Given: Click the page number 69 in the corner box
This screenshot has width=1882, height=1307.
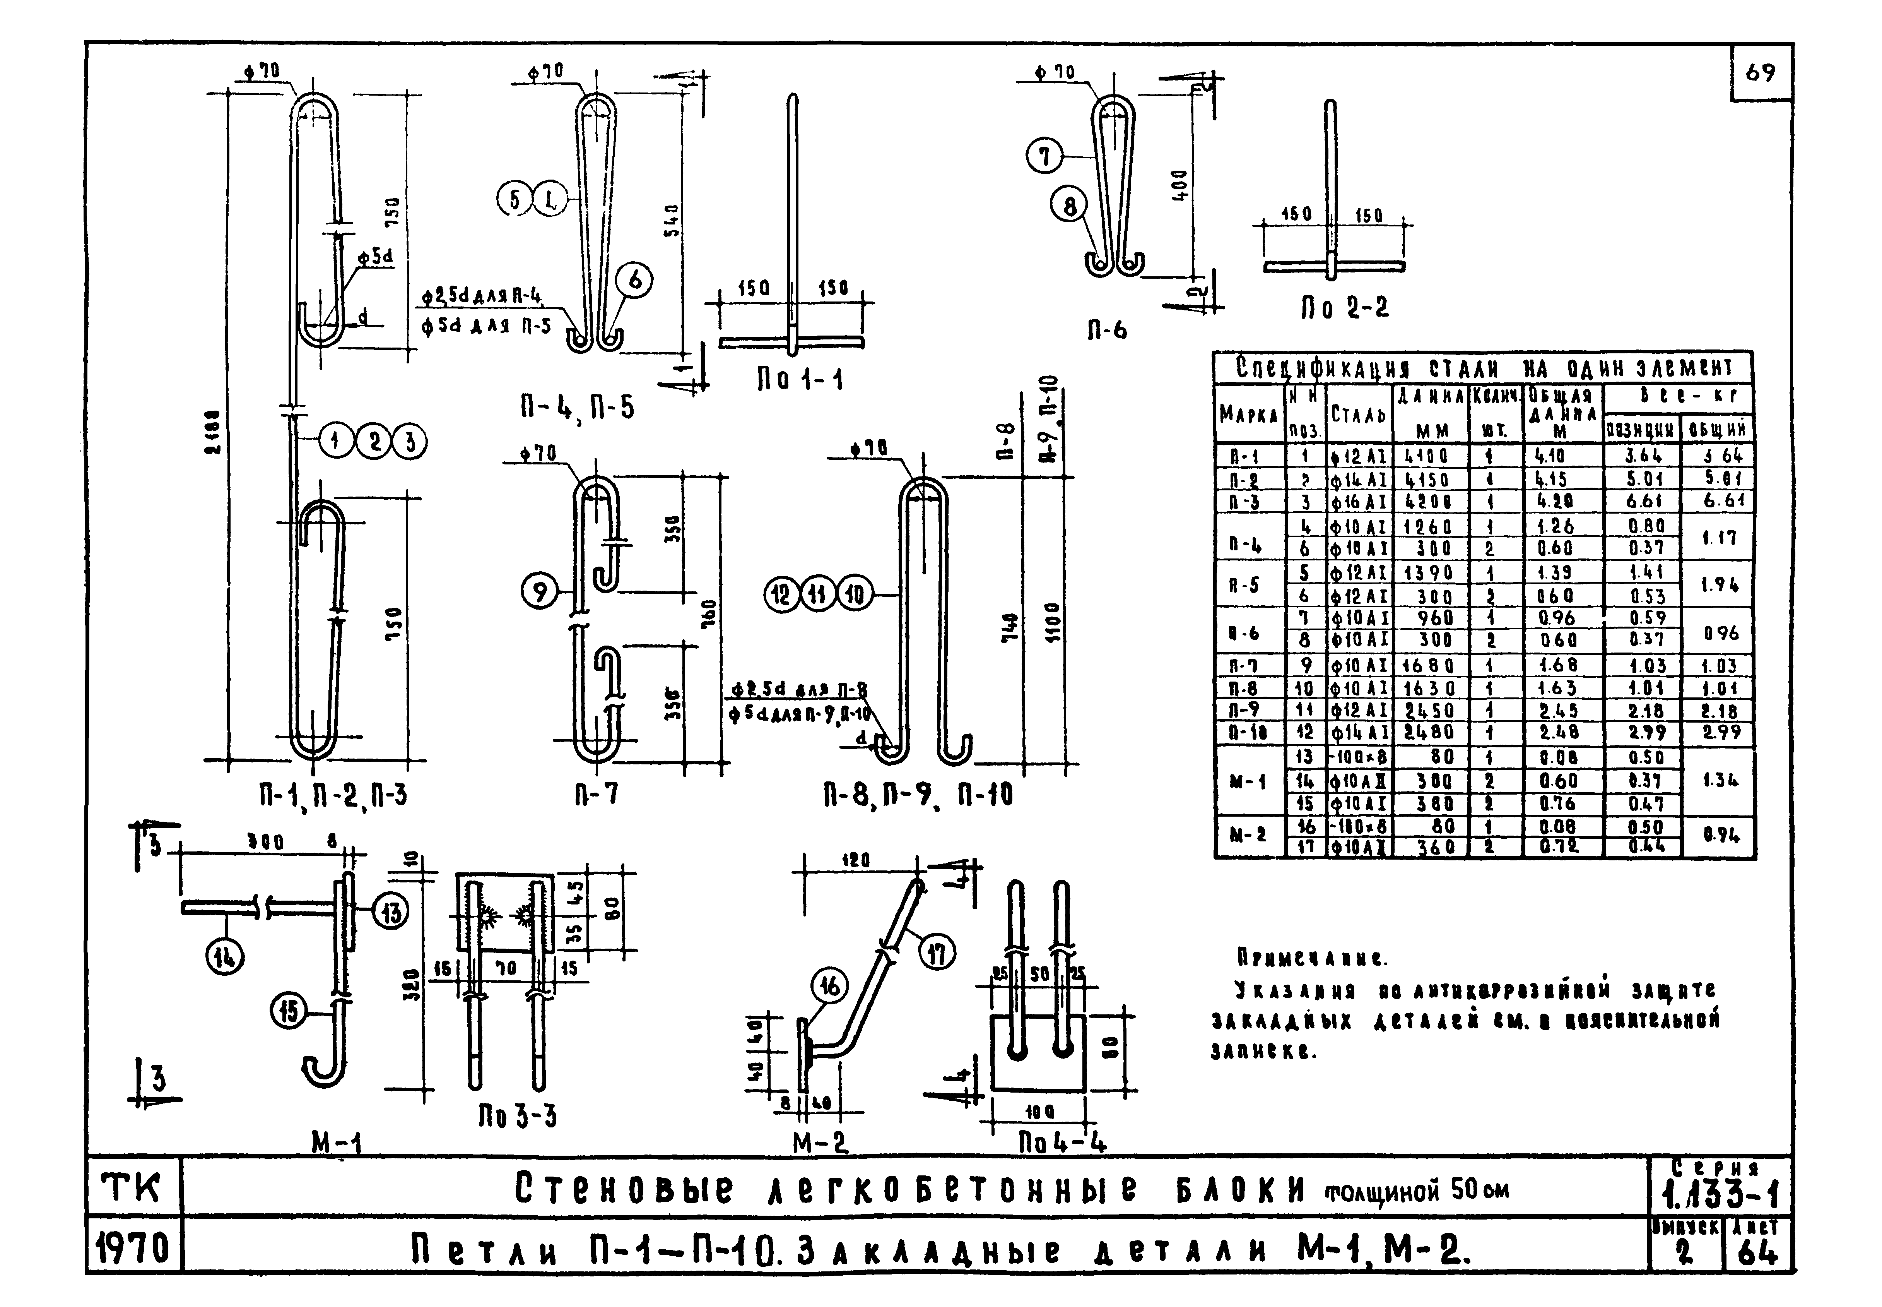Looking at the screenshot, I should tap(1760, 73).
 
